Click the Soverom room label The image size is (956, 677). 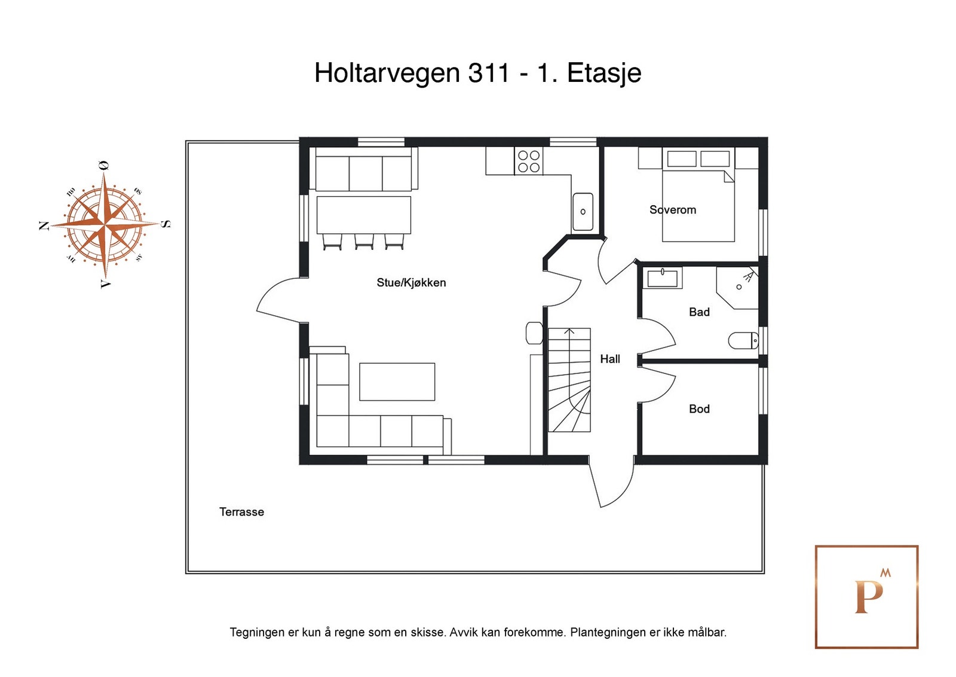pos(672,210)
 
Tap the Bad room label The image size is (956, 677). pos(698,312)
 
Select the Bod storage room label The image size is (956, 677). pos(698,409)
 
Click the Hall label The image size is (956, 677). pos(609,359)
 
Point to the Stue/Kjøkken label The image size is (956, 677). pos(411,282)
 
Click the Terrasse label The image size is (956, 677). pos(241,512)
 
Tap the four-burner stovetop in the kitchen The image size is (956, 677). pos(529,161)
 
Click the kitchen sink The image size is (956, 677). pos(583,211)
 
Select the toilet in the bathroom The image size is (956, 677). pos(743,341)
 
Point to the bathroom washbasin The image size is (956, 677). pos(662,278)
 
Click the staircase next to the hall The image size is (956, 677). pos(569,380)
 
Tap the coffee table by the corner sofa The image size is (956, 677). pos(397,382)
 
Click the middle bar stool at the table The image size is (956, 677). pos(364,242)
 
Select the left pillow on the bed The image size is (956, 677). pos(681,158)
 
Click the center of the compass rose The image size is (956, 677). pos(105,225)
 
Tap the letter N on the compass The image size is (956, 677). pos(44,225)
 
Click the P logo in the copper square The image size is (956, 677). pos(868,596)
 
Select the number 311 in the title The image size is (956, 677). pos(489,73)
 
